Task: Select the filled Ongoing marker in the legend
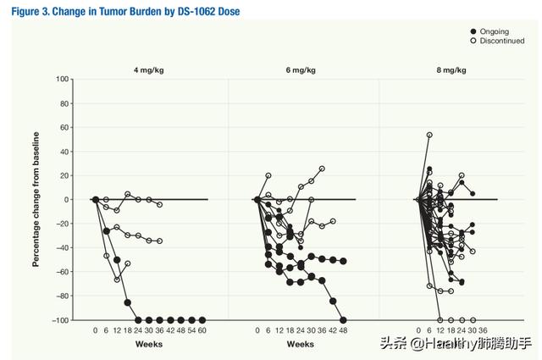point(473,31)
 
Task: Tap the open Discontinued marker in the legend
point(473,41)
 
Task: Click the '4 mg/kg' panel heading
point(149,70)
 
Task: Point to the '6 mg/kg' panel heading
point(301,70)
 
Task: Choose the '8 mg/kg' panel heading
point(451,70)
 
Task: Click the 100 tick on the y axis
point(62,79)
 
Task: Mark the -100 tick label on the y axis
point(60,320)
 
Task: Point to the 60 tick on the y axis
point(64,127)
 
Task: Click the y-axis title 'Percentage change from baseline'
point(36,200)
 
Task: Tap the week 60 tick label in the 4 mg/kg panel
point(202,330)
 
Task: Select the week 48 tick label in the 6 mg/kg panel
point(343,330)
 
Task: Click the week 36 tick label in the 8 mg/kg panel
point(483,330)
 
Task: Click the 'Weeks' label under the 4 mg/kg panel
point(149,344)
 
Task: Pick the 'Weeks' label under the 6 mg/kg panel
point(301,344)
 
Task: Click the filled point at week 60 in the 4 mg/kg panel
point(202,320)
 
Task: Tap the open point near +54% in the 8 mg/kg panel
point(429,135)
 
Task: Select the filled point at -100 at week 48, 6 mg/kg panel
point(343,320)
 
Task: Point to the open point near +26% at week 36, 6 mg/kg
point(322,169)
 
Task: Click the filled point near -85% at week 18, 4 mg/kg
point(128,302)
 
